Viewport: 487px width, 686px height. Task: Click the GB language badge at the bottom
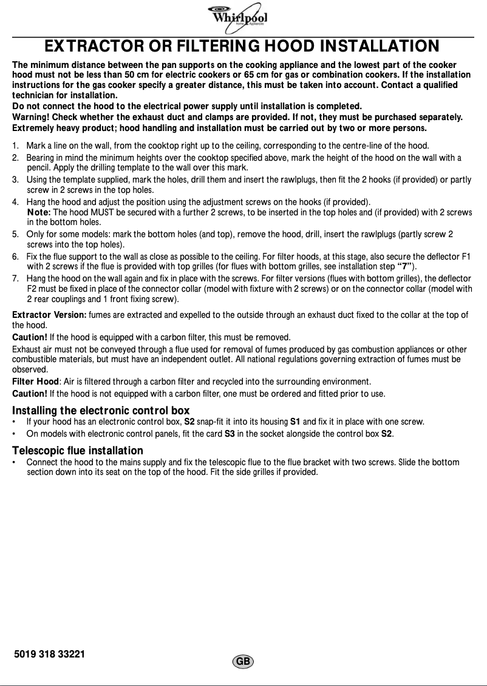(242, 662)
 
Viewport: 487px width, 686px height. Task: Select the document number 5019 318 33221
(49, 654)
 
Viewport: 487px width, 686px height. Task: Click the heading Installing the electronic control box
(101, 411)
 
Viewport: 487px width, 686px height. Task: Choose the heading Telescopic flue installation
(78, 451)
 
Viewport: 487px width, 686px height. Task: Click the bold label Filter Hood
(36, 382)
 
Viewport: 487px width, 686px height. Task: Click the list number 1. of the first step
(16, 146)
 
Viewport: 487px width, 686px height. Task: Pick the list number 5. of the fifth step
(16, 234)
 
